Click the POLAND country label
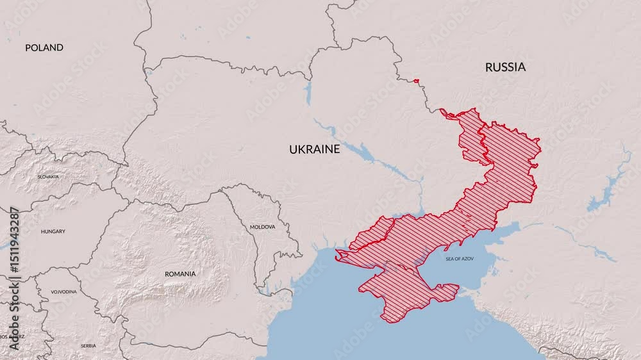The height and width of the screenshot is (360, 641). (x=44, y=47)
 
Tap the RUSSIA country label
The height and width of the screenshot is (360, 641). (x=505, y=67)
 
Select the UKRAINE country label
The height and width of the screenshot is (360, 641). (x=314, y=149)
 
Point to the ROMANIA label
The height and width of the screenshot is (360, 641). (x=180, y=274)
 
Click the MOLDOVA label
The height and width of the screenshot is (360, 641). (x=262, y=227)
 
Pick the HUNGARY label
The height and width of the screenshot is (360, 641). (x=53, y=231)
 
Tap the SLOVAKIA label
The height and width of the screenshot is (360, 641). (x=48, y=176)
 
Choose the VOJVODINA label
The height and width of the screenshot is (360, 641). (x=63, y=291)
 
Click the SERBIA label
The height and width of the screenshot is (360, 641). (x=88, y=346)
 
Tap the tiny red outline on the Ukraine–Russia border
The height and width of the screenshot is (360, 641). (x=416, y=81)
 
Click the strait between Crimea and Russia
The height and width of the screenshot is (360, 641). (x=463, y=293)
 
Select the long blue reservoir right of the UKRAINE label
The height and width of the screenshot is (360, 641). (x=365, y=154)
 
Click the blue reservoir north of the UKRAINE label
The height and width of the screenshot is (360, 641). (x=308, y=93)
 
